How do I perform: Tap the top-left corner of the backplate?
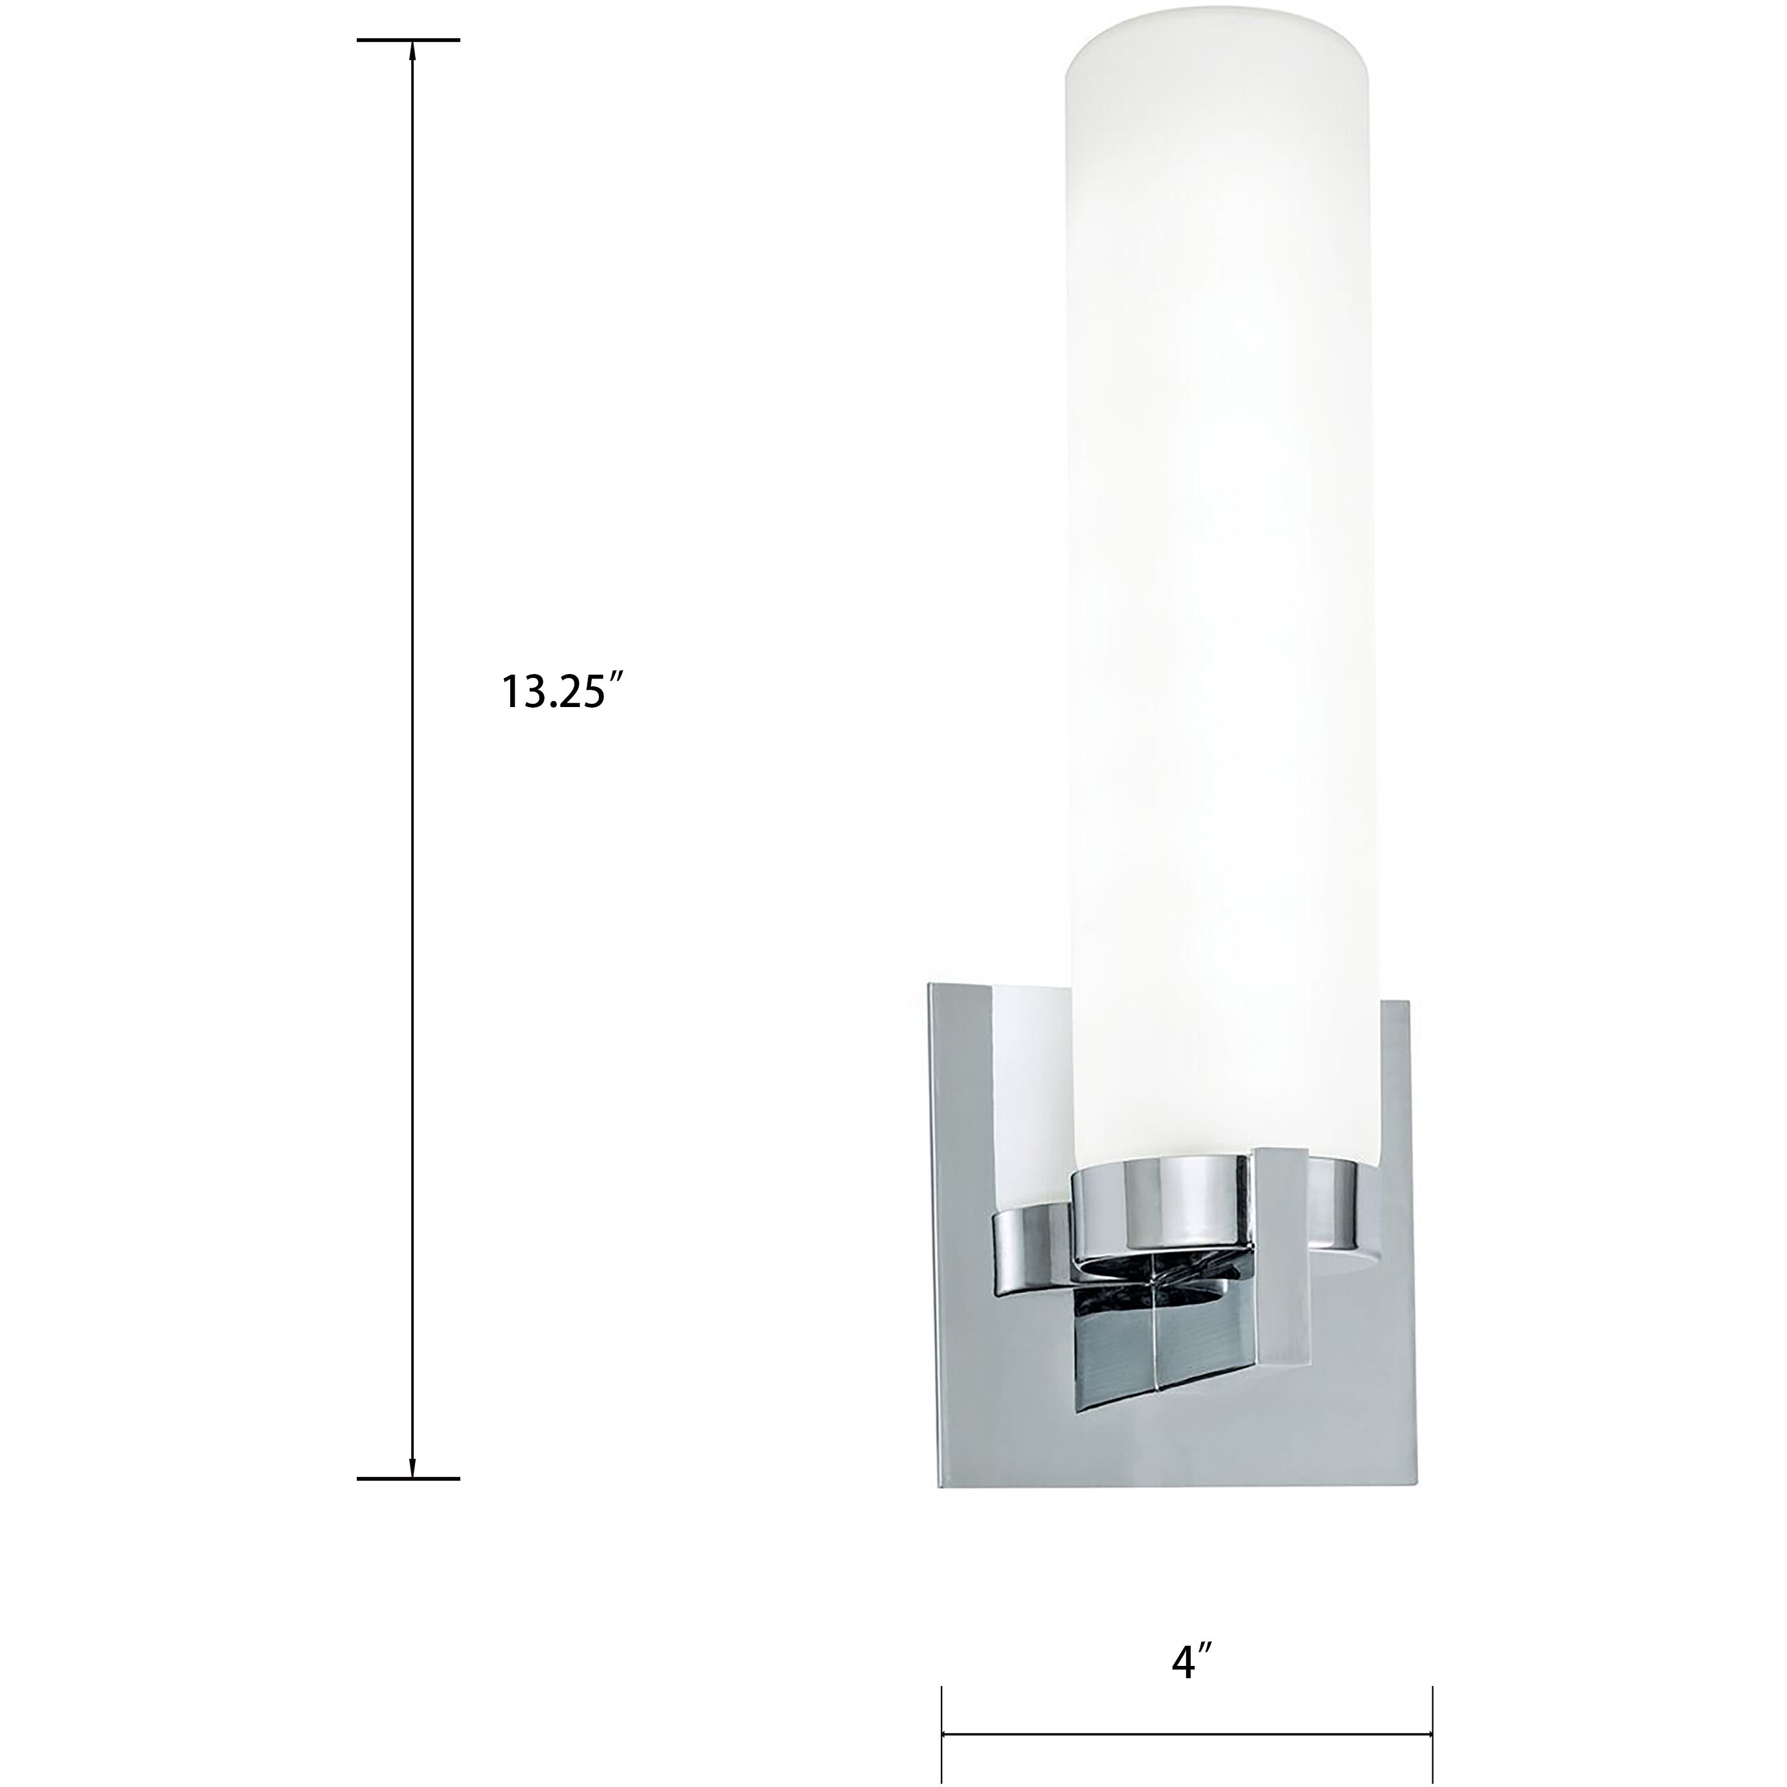[932, 986]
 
